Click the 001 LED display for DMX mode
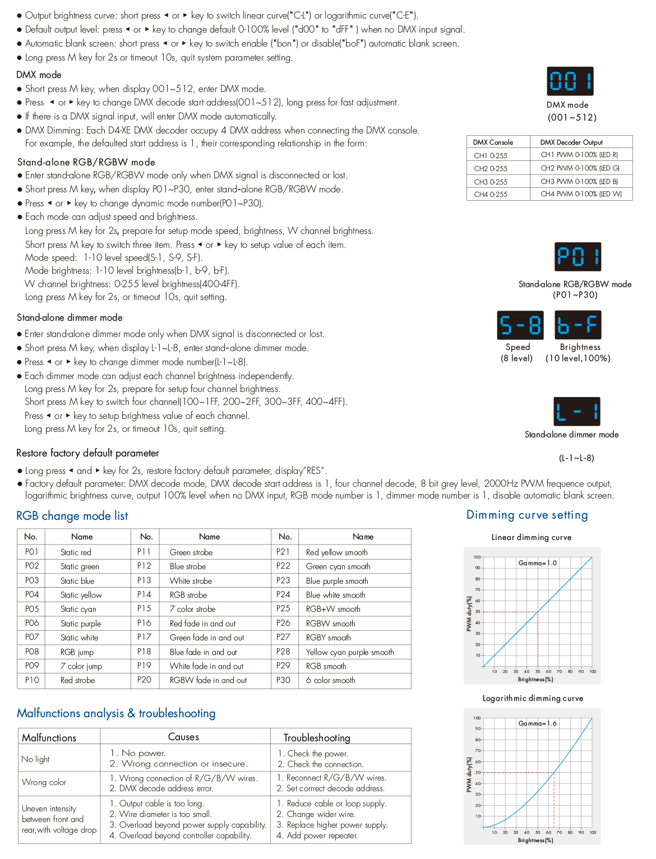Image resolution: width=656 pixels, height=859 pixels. click(x=570, y=81)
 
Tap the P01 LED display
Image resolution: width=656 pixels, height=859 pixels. click(x=578, y=257)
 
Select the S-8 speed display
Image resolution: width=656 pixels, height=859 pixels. click(x=520, y=325)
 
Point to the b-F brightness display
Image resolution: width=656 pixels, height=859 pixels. click(x=578, y=325)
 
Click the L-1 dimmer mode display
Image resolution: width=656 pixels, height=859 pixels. click(x=576, y=412)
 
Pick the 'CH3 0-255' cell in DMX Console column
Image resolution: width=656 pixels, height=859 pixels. click(x=491, y=182)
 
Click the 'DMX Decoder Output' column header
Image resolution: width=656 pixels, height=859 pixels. click(x=571, y=142)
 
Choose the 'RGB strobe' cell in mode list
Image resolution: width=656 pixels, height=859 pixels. click(x=188, y=595)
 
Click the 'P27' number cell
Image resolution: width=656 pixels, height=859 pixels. click(x=283, y=637)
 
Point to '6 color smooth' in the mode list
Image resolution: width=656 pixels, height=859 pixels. click(x=331, y=680)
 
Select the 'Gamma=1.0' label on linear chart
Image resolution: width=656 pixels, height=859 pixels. click(x=537, y=563)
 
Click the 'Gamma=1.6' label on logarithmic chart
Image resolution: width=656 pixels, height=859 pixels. click(x=537, y=723)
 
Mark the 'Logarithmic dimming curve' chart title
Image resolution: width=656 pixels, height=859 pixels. click(x=533, y=698)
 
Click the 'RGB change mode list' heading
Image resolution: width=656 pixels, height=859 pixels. click(x=72, y=516)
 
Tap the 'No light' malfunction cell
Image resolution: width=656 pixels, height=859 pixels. click(x=35, y=759)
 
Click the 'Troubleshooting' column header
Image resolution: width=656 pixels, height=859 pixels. click(x=317, y=738)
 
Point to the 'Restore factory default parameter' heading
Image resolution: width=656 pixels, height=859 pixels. click(x=87, y=453)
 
